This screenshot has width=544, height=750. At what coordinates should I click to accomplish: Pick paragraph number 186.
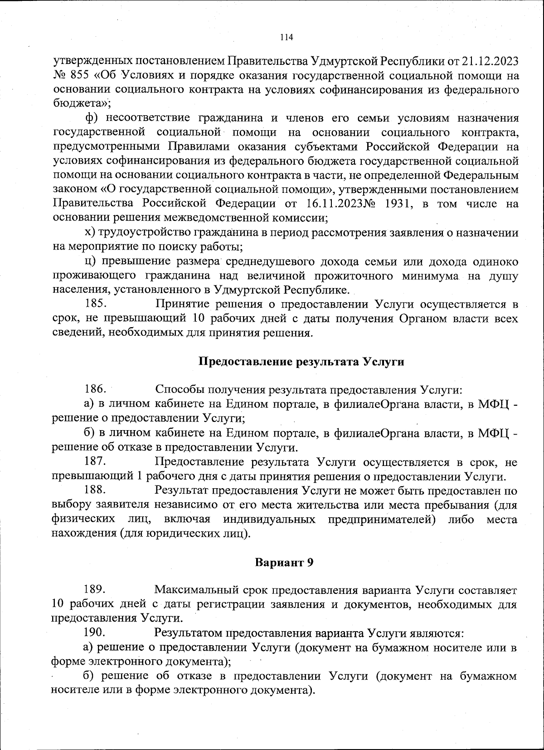(96, 390)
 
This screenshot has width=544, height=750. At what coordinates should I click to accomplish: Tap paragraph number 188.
(96, 490)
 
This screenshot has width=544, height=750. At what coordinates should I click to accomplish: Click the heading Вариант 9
(284, 563)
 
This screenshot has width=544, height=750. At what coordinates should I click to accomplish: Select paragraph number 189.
(96, 590)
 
